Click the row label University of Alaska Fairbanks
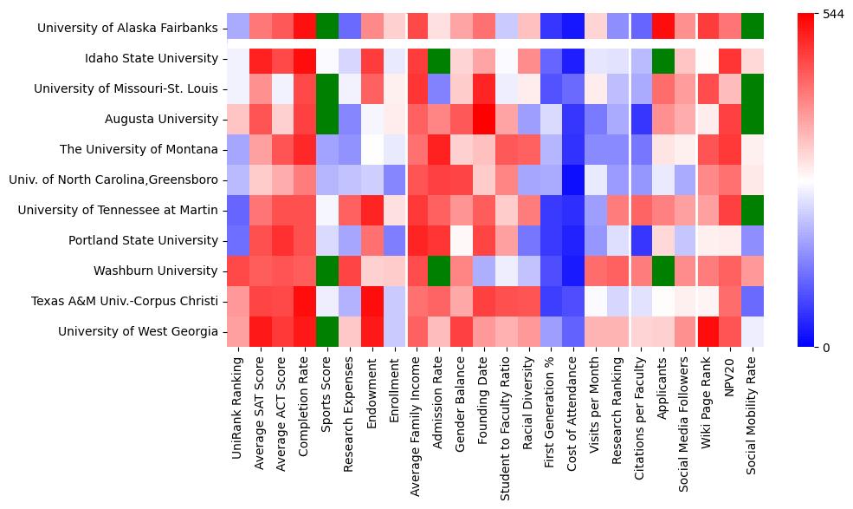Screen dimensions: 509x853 click(x=127, y=29)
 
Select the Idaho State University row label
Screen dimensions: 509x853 click(x=157, y=59)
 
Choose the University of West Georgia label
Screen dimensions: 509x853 click(x=138, y=332)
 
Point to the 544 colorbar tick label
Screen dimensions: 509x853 click(x=811, y=14)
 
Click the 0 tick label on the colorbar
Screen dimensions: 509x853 click(x=803, y=348)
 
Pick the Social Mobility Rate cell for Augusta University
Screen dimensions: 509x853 click(x=753, y=120)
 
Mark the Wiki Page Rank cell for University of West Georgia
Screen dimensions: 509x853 click(x=708, y=332)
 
